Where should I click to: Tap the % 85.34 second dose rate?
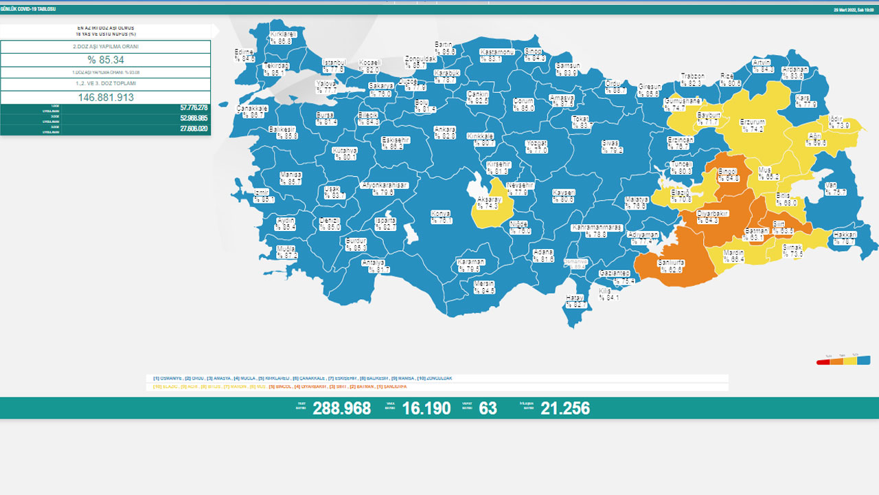coord(106,60)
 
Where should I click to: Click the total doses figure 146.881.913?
coord(106,98)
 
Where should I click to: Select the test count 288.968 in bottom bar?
coord(341,408)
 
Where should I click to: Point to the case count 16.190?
coord(426,408)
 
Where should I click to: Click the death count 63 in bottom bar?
coord(488,408)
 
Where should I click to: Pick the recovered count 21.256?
coord(564,408)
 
